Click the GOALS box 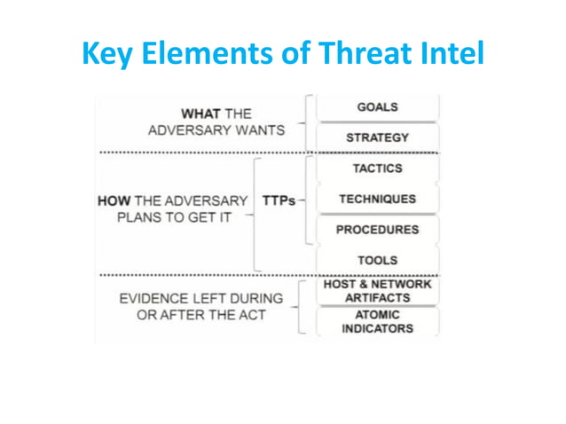377,107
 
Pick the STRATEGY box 377,137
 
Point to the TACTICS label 377,169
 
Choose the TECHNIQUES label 377,200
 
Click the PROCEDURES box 377,230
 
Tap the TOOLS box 377,261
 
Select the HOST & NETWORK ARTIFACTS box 377,291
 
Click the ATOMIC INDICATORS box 377,321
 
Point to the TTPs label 279,200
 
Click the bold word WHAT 200,114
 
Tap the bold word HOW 117,200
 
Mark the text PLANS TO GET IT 168,217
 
